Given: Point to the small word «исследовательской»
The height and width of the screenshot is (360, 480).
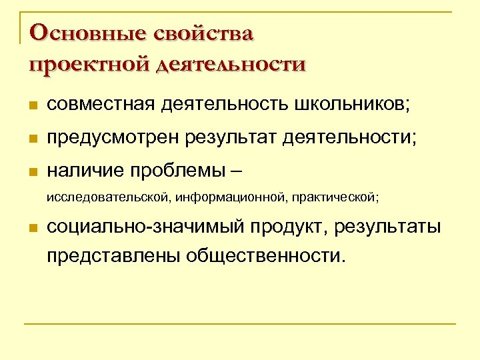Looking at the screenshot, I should (x=106, y=197).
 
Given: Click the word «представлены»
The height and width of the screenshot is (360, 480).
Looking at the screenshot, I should (x=113, y=255).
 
